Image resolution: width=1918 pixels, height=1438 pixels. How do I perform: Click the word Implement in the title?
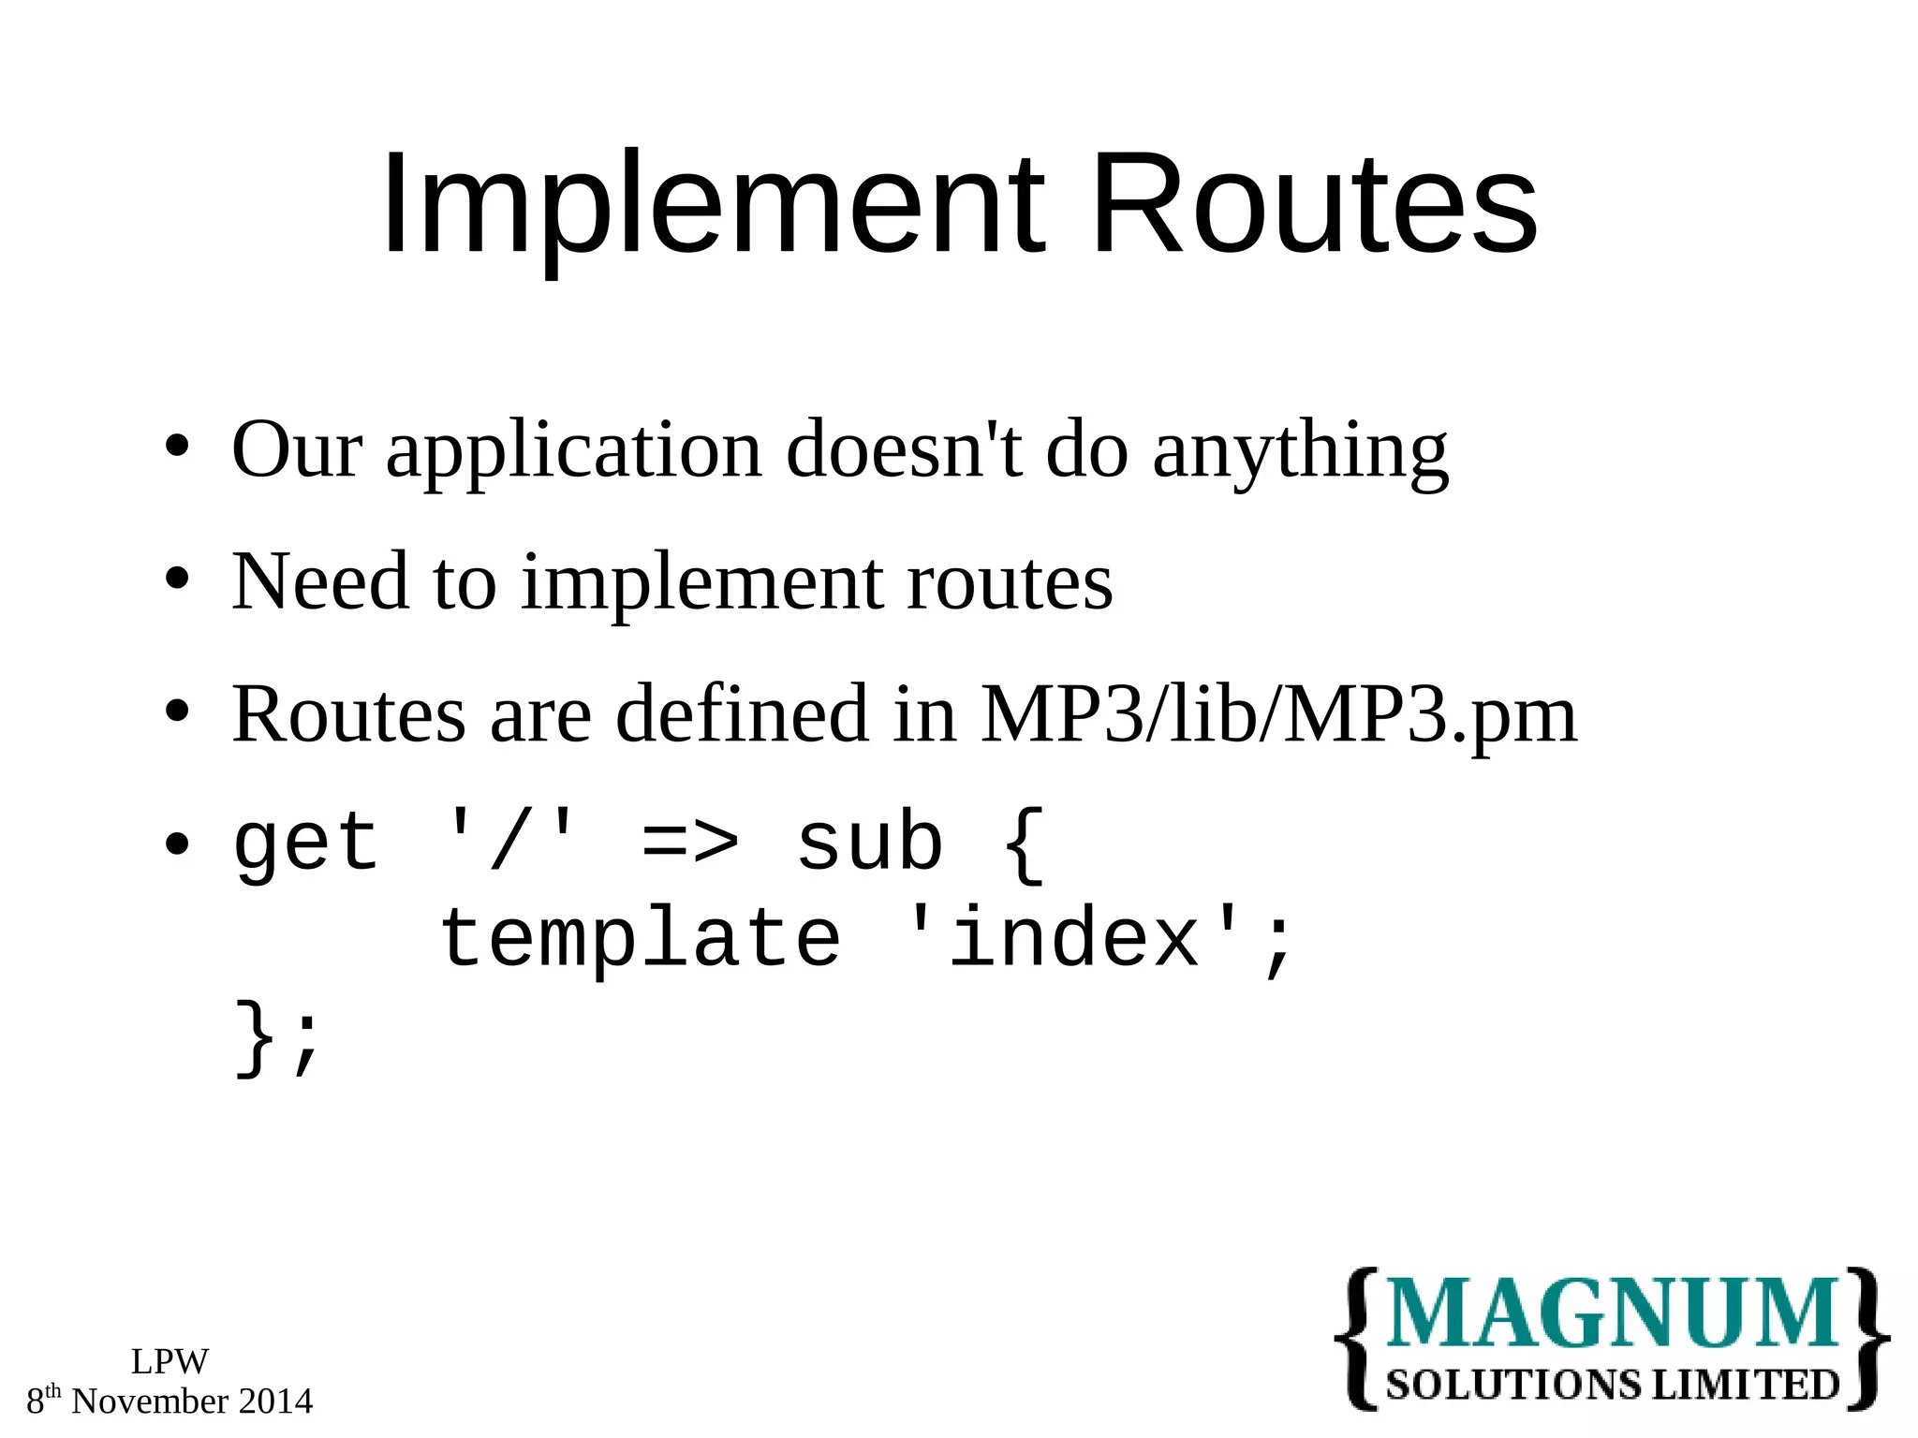(x=712, y=206)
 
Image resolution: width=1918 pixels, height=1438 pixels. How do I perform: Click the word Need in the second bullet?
(x=319, y=582)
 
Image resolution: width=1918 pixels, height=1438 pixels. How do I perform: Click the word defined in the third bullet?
(x=742, y=714)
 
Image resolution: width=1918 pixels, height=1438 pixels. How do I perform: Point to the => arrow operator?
(x=690, y=843)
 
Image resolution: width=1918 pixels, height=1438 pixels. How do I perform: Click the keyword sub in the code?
(x=869, y=843)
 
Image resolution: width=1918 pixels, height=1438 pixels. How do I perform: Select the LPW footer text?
(x=170, y=1361)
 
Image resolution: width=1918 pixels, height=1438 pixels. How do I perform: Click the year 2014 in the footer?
(x=275, y=1401)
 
